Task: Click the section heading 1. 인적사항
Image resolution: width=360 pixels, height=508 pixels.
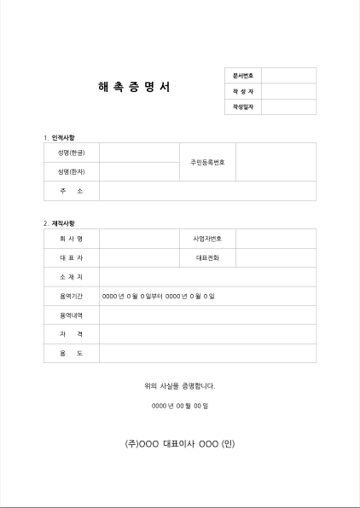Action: [x=59, y=137]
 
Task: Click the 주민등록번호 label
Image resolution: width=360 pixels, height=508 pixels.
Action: [x=207, y=162]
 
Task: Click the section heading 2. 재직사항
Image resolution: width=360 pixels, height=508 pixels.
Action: [x=59, y=222]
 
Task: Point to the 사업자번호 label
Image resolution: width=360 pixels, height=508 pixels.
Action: [x=207, y=238]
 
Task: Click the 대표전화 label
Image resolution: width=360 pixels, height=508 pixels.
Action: [x=207, y=257]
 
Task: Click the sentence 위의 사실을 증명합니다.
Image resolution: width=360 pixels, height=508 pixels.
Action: [x=179, y=386]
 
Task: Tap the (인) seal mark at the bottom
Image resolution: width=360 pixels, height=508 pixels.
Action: [x=228, y=444]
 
